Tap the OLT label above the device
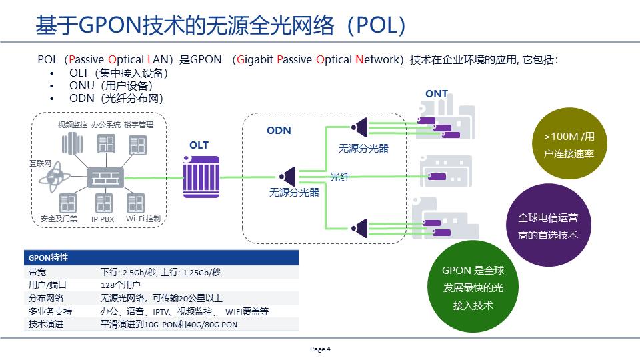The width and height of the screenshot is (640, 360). [x=199, y=145]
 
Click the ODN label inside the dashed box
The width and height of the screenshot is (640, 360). [x=279, y=130]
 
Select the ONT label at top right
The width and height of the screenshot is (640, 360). [x=437, y=94]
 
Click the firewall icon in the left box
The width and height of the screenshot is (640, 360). [x=106, y=177]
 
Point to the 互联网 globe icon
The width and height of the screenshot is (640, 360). [x=53, y=177]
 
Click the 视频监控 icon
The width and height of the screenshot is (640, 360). [x=71, y=143]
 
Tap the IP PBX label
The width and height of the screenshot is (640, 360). [x=104, y=219]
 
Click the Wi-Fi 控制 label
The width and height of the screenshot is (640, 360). [x=143, y=219]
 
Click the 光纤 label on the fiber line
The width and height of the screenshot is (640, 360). [x=339, y=177]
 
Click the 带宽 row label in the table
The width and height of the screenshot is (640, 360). [x=37, y=272]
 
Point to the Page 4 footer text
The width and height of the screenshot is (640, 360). [x=320, y=349]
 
